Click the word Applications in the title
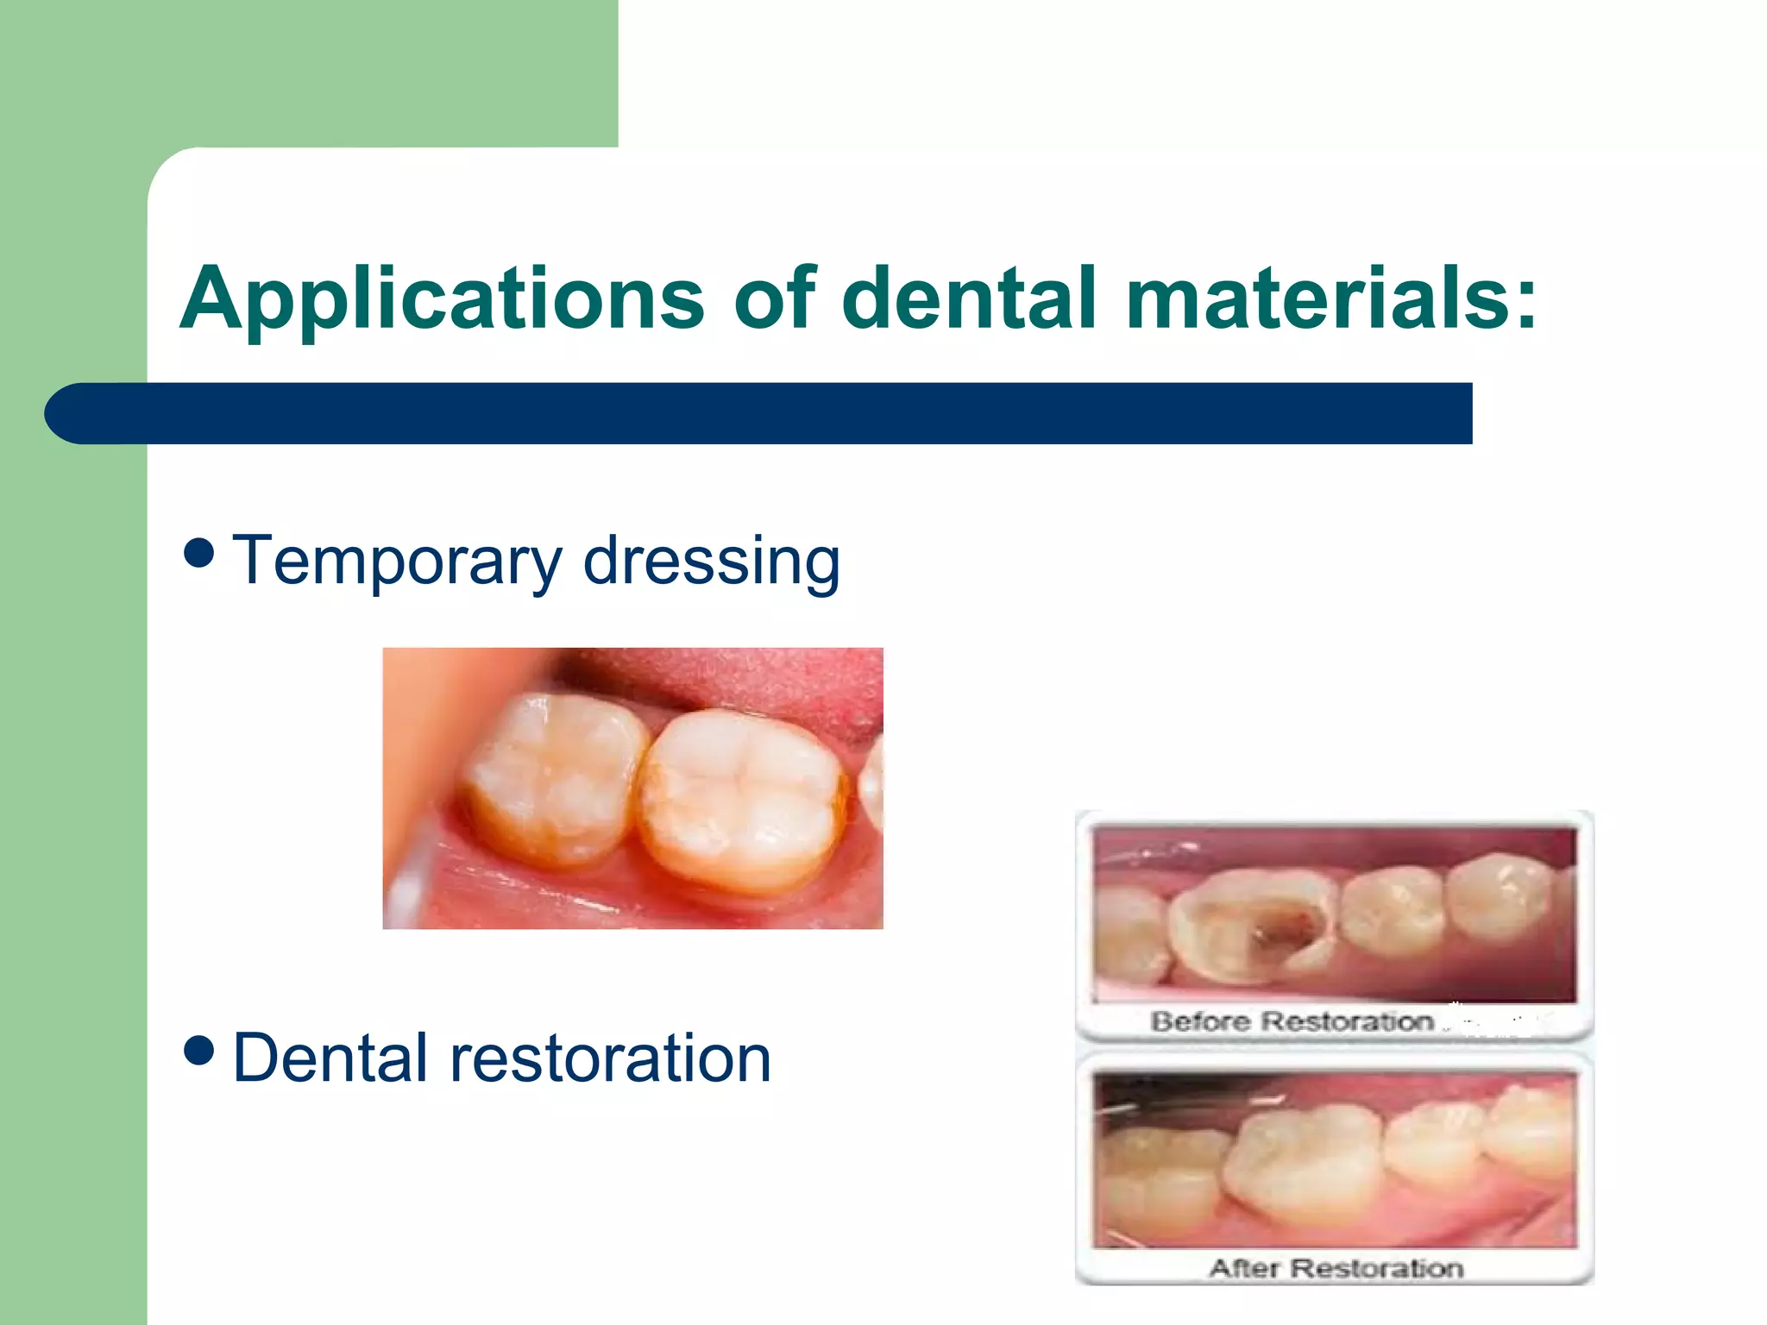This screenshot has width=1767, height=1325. [x=442, y=299]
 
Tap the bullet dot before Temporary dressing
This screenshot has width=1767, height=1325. [x=199, y=552]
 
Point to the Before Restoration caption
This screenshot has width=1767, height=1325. [x=1292, y=1022]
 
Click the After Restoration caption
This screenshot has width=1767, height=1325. [x=1336, y=1268]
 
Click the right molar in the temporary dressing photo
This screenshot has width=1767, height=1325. [x=742, y=798]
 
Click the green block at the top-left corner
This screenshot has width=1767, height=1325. [x=302, y=69]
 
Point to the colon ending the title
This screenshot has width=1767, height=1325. [x=1525, y=299]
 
